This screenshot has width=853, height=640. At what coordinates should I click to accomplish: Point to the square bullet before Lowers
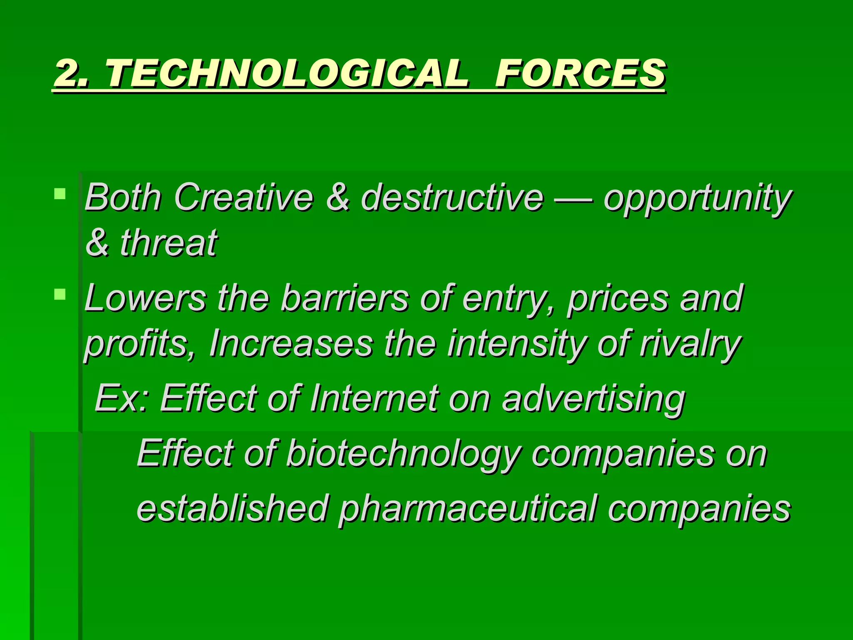[x=60, y=295]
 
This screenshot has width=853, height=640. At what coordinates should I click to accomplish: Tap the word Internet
[x=374, y=398]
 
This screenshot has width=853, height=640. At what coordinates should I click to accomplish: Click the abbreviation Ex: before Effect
[x=121, y=398]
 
